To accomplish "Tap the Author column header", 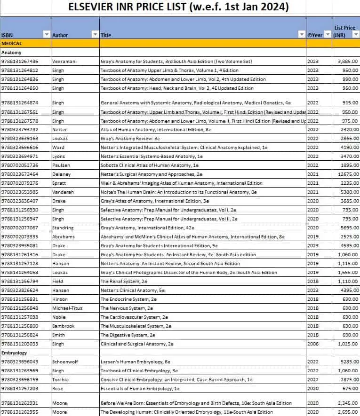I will point(60,35).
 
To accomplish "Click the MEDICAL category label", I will point(11,43).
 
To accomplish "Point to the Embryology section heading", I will point(14,353).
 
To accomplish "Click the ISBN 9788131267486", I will point(20,62).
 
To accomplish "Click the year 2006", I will point(313,344).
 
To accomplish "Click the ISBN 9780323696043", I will point(20,361).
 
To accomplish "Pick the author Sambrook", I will point(64,326).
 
